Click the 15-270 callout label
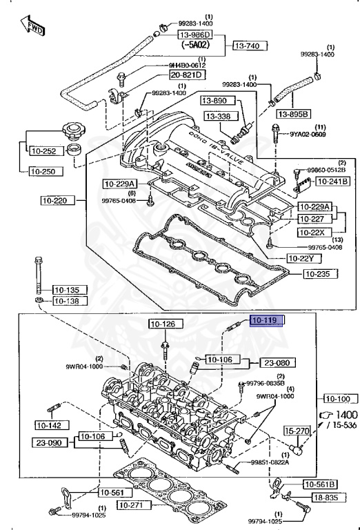[x=299, y=431]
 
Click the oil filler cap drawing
[x=72, y=134]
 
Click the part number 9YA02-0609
[x=308, y=135]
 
